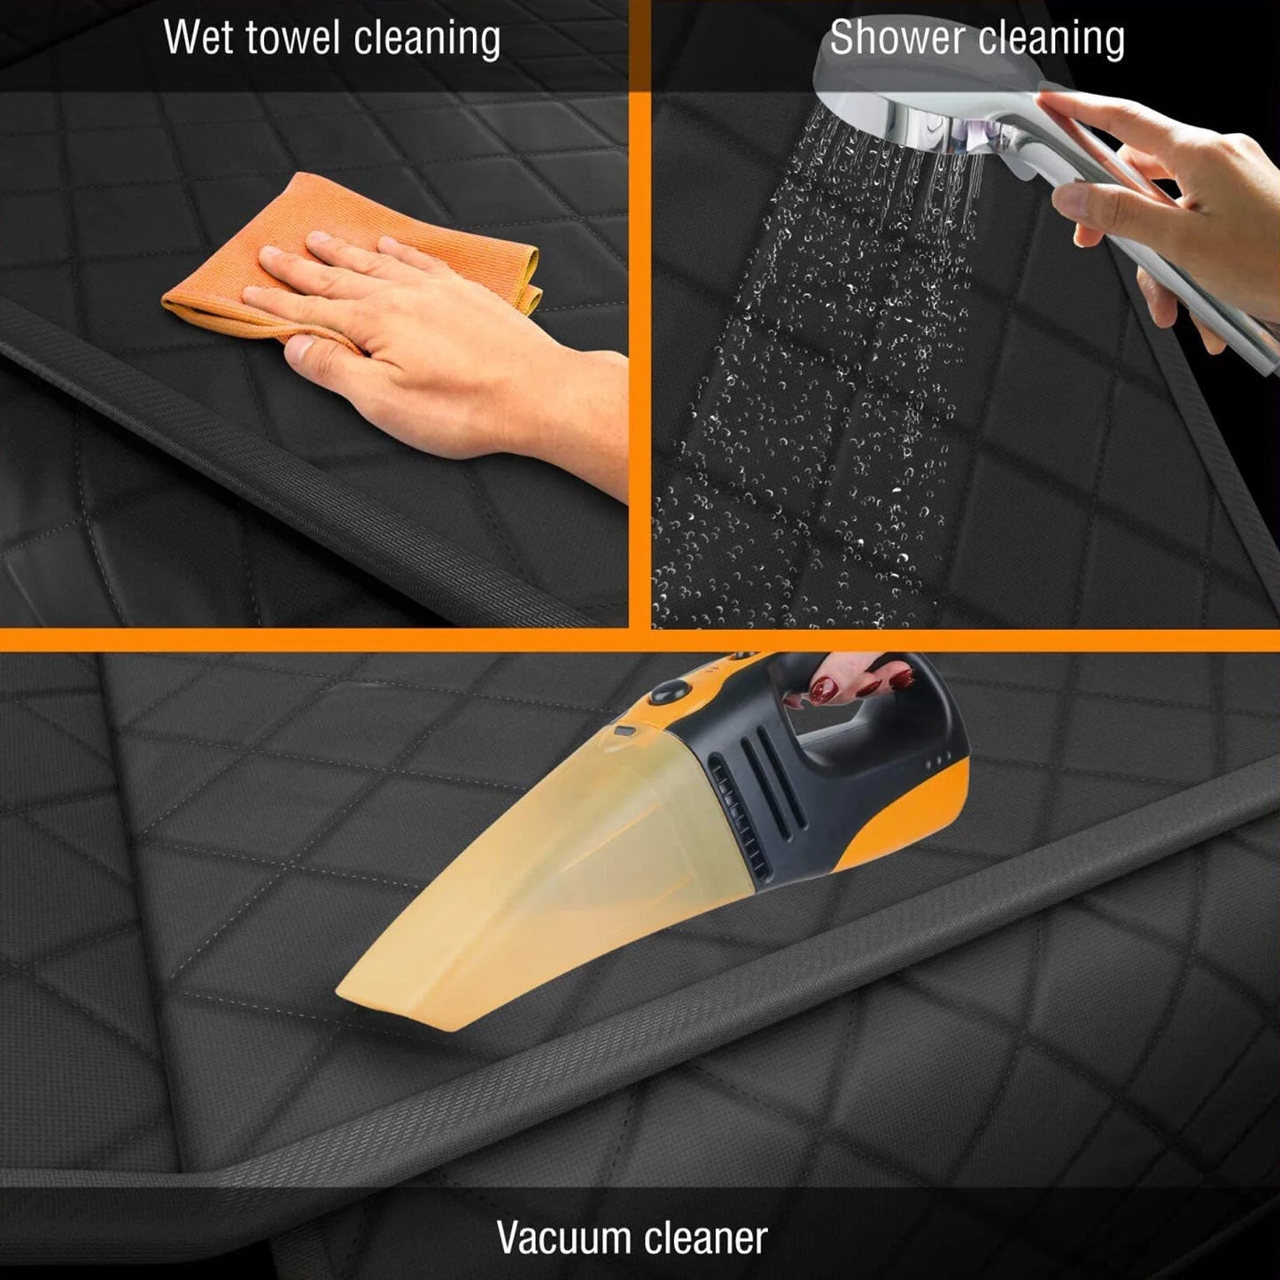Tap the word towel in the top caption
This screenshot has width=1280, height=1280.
click(x=295, y=37)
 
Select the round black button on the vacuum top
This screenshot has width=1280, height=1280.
click(x=669, y=691)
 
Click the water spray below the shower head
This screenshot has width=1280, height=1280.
click(x=830, y=372)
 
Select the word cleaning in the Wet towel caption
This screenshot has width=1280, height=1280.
click(x=426, y=38)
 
